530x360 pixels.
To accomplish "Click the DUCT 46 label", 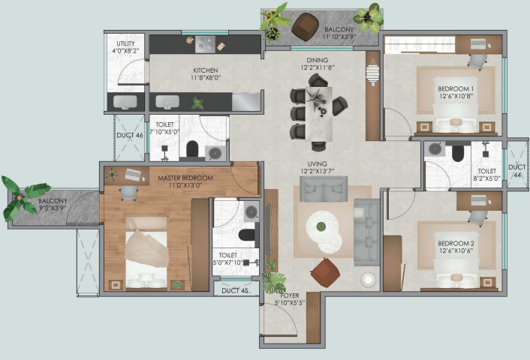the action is (130, 136).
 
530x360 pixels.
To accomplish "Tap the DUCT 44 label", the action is (517, 171).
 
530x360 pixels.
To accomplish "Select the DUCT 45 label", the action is (235, 291).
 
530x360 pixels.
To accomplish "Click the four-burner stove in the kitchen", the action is (205, 44).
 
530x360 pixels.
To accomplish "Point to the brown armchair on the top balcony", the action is (306, 27).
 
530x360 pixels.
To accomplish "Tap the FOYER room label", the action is (290, 295).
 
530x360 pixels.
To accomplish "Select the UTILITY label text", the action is (125, 43).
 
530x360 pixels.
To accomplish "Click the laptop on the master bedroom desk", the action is (133, 174).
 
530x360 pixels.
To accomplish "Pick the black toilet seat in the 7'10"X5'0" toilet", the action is (192, 149).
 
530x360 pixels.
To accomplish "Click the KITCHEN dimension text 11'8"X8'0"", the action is (206, 78).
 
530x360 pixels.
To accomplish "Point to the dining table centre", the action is (319, 114).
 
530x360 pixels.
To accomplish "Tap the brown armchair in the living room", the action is (325, 273).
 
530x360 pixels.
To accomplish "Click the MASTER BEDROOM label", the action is (185, 178).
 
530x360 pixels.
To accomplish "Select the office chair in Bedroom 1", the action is (478, 61).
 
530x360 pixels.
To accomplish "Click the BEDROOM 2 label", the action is (456, 244).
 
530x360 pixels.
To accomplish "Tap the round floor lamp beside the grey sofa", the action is (368, 280).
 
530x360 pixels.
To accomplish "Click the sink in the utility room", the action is (125, 102).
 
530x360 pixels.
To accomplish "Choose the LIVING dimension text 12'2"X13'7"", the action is (317, 171).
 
